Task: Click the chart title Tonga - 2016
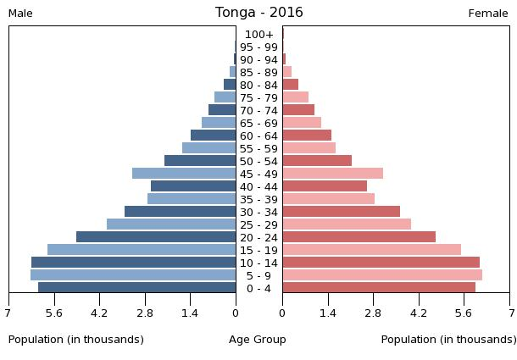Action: (x=258, y=13)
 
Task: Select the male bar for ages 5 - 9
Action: (x=133, y=275)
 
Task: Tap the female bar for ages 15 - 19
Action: (x=372, y=250)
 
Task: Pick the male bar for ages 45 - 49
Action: (x=184, y=174)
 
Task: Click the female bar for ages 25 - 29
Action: (x=347, y=224)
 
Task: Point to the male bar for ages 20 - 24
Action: (x=156, y=237)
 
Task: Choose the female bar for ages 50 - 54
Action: (x=317, y=161)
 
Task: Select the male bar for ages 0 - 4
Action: (x=137, y=288)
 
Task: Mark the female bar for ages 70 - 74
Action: (x=298, y=110)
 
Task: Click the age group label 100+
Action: (x=258, y=35)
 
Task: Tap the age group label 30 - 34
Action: (x=258, y=212)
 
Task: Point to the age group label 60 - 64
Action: (x=258, y=136)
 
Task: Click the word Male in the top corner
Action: (x=20, y=14)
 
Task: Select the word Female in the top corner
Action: (x=488, y=14)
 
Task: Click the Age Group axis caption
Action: (x=258, y=340)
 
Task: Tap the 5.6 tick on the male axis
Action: (x=54, y=313)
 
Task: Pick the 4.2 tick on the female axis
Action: (x=419, y=313)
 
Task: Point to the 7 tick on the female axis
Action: (x=510, y=313)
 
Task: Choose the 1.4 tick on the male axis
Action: (x=190, y=313)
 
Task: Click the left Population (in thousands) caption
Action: (x=76, y=340)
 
